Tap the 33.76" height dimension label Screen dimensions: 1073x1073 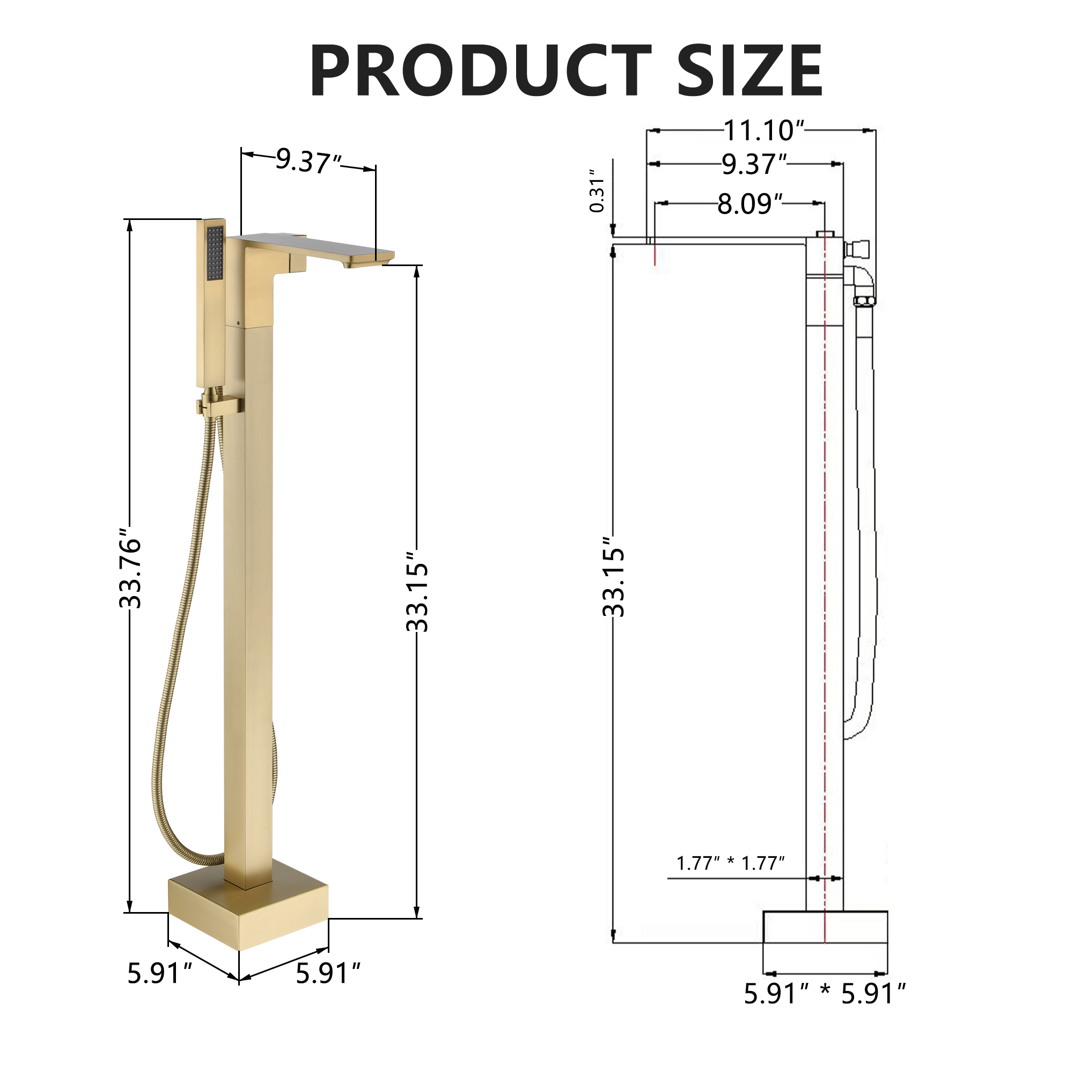click(130, 572)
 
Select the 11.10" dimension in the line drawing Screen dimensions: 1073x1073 click(763, 130)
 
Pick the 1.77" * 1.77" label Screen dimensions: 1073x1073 click(730, 863)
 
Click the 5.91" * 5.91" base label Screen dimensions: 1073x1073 click(824, 994)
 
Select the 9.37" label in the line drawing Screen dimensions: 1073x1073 click(754, 164)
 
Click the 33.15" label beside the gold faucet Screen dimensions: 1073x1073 click(417, 591)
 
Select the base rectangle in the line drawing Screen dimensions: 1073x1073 click(825, 927)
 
